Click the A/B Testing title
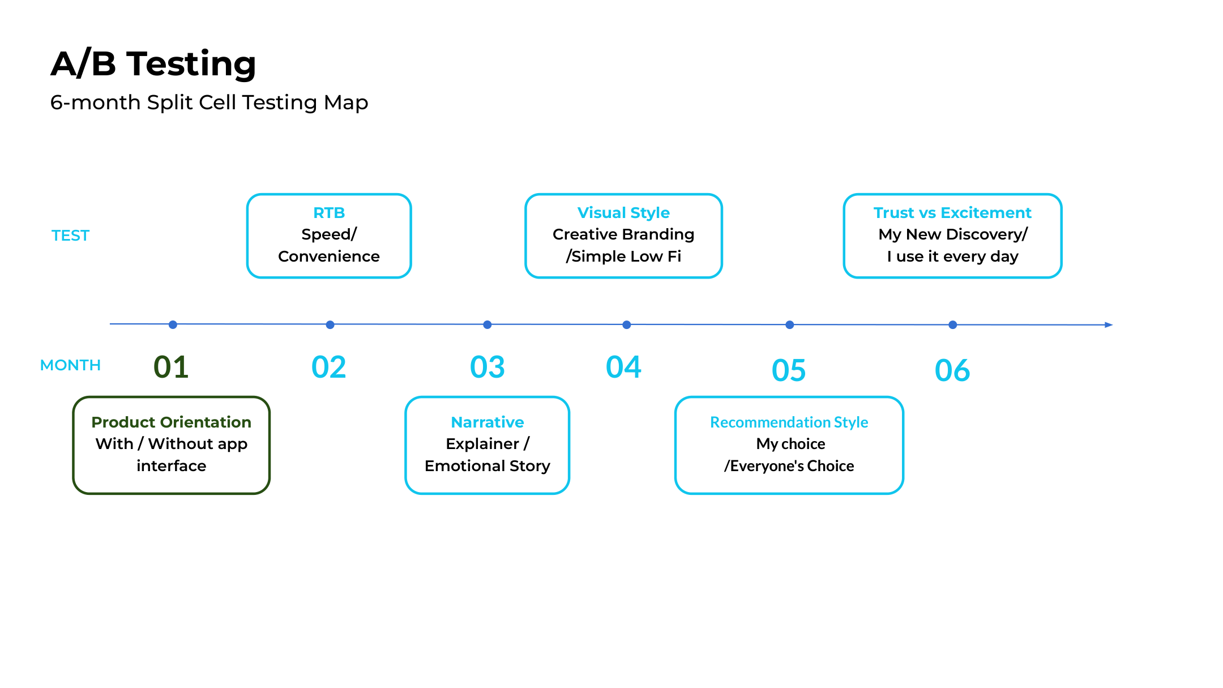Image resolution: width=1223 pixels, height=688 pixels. pos(153,63)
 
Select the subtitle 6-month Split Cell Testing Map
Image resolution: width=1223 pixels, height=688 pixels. pos(209,102)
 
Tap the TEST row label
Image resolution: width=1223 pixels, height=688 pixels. pos(70,236)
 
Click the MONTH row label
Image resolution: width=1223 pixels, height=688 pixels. pos(70,365)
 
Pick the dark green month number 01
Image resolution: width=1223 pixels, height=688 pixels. pos(171,367)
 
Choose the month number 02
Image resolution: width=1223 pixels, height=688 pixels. pos(328,367)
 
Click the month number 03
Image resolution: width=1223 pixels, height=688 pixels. pos(487,367)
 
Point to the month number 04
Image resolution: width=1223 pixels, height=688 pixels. pos(623,367)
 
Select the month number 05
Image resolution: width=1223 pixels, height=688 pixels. pos(788,370)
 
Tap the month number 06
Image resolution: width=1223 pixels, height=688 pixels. pos(952,370)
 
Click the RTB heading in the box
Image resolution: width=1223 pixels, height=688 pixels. pos(329,213)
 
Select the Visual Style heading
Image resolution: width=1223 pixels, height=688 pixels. pos(623,213)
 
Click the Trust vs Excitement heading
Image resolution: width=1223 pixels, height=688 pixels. pos(952,213)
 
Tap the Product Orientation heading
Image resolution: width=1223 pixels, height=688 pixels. pos(171,422)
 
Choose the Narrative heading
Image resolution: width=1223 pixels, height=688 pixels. pos(487,422)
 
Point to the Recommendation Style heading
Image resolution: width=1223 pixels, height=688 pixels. pos(789,422)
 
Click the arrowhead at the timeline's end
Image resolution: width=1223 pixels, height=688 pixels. pos(1109,325)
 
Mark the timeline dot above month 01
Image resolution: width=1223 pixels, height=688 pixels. pos(173,324)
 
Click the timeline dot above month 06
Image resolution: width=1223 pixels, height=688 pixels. pos(953,325)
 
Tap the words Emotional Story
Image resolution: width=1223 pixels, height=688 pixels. pos(487,466)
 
